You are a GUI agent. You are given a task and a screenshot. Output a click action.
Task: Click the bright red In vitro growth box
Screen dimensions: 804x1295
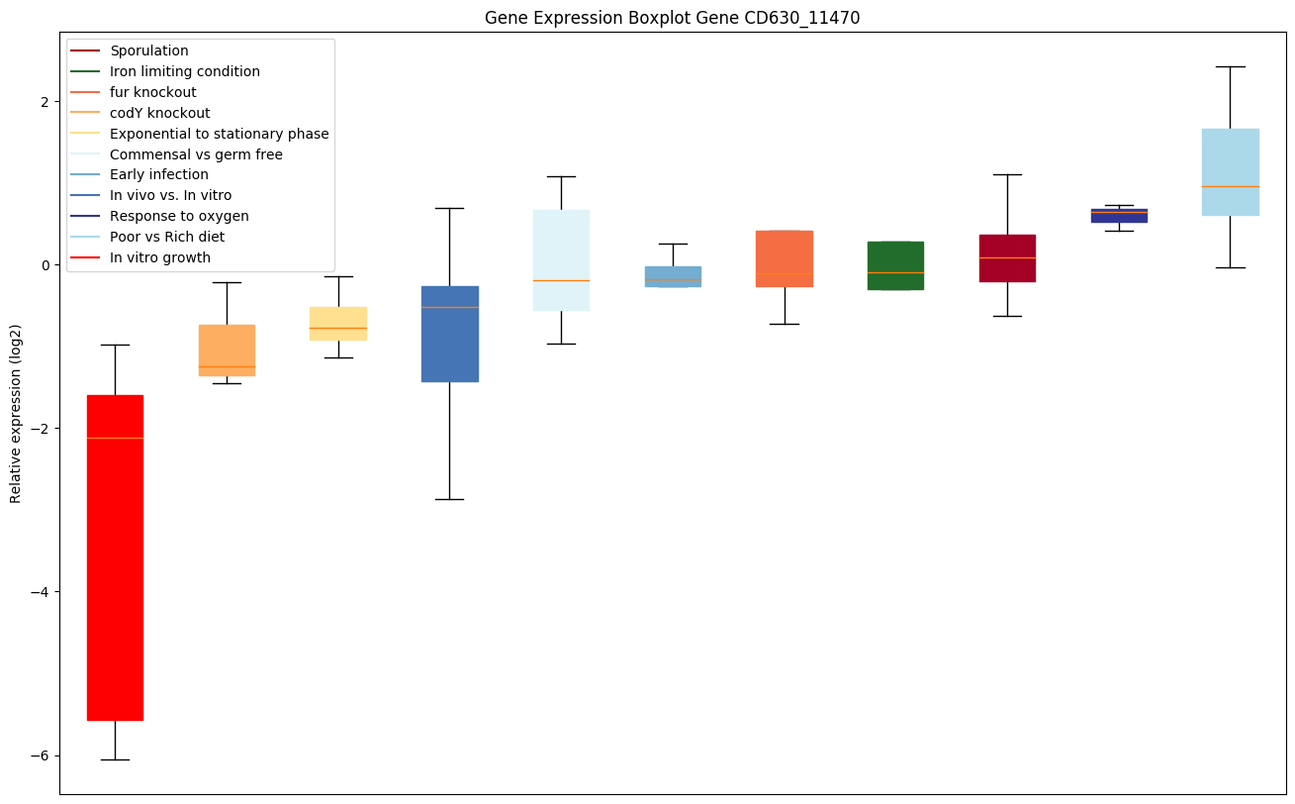[115, 557]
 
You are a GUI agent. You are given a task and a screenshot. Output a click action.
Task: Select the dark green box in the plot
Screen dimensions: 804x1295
[895, 265]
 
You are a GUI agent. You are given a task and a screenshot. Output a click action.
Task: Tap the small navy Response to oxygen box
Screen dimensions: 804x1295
[1119, 215]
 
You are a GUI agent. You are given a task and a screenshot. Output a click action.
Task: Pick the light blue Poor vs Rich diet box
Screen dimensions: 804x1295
[1230, 171]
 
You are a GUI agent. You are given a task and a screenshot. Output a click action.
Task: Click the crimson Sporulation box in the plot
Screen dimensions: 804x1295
[1007, 257]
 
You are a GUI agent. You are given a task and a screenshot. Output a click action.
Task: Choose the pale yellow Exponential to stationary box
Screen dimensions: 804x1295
[338, 323]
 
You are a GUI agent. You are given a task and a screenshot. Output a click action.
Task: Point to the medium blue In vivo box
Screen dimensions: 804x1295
[450, 334]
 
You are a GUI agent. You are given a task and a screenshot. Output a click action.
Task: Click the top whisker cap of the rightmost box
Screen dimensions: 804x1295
[1230, 66]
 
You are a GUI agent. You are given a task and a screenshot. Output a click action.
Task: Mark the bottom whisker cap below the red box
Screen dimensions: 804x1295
[115, 759]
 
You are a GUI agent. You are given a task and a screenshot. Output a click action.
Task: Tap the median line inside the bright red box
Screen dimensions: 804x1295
[115, 438]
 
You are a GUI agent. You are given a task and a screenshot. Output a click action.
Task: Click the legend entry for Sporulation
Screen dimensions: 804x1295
[149, 50]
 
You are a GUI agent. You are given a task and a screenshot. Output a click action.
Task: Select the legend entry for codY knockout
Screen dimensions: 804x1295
[160, 113]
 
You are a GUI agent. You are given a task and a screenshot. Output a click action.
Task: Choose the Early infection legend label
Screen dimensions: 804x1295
[159, 175]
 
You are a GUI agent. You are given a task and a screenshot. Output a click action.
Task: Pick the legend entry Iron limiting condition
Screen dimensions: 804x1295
[185, 71]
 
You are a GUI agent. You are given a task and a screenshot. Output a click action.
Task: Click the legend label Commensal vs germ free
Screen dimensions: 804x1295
[196, 154]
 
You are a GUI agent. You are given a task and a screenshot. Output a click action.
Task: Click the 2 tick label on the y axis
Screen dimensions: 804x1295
[45, 101]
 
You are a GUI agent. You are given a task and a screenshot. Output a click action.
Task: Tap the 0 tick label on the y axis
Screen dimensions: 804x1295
[45, 264]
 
